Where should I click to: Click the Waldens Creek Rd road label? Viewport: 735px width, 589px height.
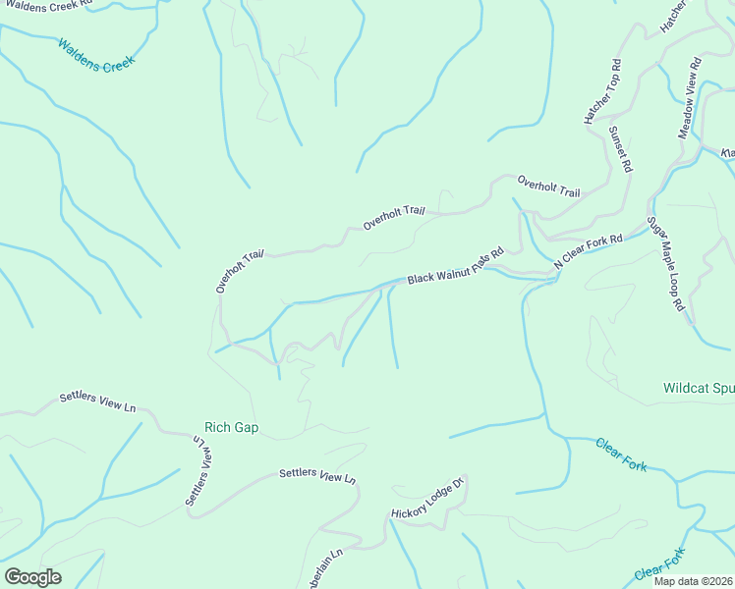pyautogui.click(x=46, y=4)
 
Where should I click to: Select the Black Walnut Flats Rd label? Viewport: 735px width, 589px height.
pyautogui.click(x=455, y=266)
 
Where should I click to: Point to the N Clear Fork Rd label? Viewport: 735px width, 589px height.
pyautogui.click(x=589, y=251)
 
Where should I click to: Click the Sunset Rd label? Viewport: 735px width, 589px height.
pyautogui.click(x=620, y=149)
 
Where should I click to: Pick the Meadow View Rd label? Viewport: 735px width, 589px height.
pyautogui.click(x=690, y=98)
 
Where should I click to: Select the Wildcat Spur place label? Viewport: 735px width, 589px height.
pyautogui.click(x=698, y=388)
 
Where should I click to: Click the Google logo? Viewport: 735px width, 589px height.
pyautogui.click(x=32, y=577)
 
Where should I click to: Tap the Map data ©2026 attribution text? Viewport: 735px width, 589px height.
pyautogui.click(x=693, y=581)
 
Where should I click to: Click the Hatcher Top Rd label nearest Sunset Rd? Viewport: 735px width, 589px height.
pyautogui.click(x=602, y=91)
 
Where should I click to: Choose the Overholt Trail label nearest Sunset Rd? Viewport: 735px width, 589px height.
pyautogui.click(x=548, y=186)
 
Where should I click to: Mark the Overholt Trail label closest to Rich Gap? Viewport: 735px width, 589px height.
pyautogui.click(x=240, y=271)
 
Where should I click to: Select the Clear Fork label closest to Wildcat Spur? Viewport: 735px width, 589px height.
pyautogui.click(x=621, y=455)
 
